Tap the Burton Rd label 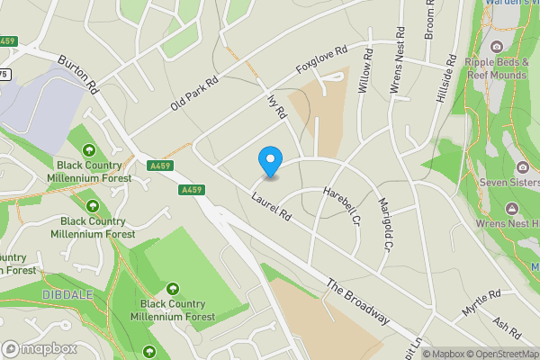coord(78,76)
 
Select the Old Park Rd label coord(194,94)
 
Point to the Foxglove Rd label coord(320,61)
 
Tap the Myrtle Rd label coord(481,301)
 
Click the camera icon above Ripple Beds coord(496,46)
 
